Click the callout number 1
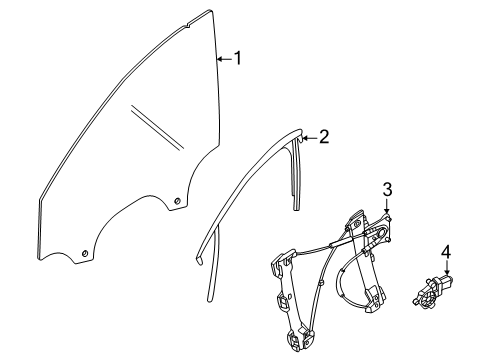click(237, 58)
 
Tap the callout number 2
click(324, 137)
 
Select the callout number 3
click(387, 190)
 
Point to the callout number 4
click(446, 252)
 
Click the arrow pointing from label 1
click(224, 59)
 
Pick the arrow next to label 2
click(309, 138)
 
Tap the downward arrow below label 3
click(387, 206)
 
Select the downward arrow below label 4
click(447, 268)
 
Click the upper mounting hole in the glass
click(178, 201)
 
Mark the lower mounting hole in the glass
click(85, 254)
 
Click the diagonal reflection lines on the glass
click(157, 127)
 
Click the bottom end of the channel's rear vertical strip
click(296, 208)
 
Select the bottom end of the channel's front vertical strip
click(210, 299)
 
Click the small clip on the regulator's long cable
click(320, 283)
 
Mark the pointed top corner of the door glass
click(210, 11)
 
